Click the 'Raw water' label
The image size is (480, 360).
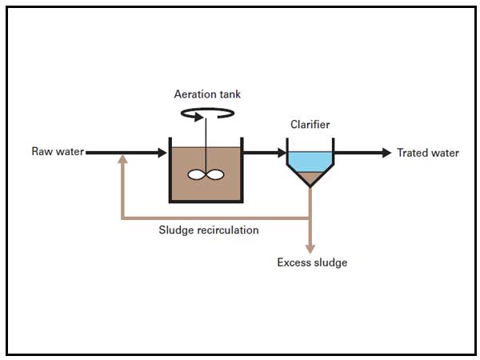(x=58, y=152)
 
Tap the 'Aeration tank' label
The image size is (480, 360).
(x=207, y=95)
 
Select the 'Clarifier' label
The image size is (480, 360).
(x=309, y=125)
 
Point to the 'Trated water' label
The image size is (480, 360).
(x=428, y=153)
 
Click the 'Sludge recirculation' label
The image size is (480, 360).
(x=208, y=230)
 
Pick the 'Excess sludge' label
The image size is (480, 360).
(x=312, y=262)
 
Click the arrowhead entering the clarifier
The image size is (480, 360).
(x=281, y=152)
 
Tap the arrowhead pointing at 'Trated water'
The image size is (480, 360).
(x=386, y=152)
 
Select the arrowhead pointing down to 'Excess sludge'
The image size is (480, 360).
(x=310, y=249)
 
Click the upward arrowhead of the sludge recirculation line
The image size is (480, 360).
(x=122, y=159)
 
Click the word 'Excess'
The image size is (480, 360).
(x=294, y=262)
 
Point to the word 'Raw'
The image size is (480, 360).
(x=42, y=152)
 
